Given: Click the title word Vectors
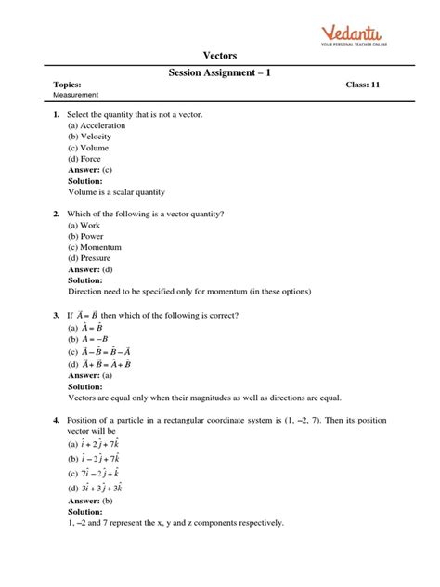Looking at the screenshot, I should (x=220, y=56).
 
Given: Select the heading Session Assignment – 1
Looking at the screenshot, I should (x=220, y=72).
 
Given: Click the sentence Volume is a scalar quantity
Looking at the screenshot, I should (x=116, y=192).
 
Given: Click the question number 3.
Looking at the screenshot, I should (x=57, y=315).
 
